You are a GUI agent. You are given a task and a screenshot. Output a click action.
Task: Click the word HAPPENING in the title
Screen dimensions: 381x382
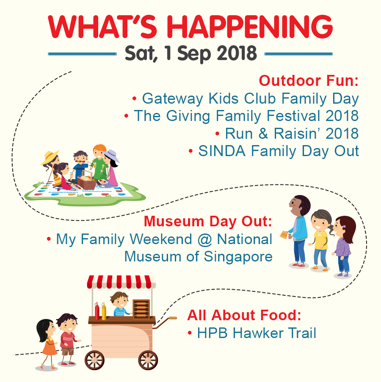tap(250, 27)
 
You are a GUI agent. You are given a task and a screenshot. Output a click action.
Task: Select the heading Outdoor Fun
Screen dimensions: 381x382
tap(309, 81)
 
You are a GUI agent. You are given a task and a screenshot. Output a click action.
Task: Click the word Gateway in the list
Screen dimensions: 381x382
tap(172, 99)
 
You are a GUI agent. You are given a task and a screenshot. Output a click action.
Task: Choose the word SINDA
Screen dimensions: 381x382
tap(222, 151)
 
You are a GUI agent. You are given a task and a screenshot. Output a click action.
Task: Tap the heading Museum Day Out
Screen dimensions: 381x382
tap(208, 221)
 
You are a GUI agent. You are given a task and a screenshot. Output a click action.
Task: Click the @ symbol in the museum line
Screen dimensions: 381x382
tap(204, 239)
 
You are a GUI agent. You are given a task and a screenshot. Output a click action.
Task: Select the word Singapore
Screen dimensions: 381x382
tap(238, 257)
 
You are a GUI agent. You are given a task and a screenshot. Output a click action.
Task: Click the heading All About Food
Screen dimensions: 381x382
tap(244, 315)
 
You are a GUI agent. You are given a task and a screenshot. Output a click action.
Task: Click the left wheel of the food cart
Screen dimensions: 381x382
tap(94, 360)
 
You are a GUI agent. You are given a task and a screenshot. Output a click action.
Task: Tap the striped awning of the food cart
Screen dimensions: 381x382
tap(121, 282)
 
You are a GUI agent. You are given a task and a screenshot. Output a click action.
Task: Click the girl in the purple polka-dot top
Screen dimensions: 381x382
tap(343, 246)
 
